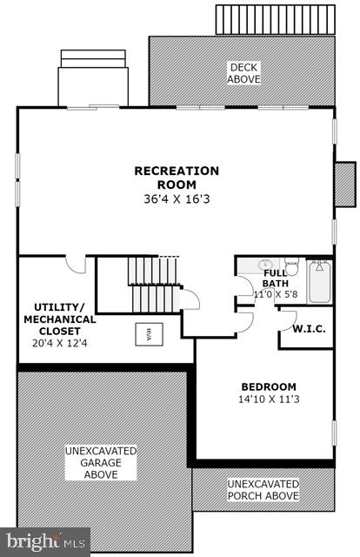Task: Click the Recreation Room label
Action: click(177, 178)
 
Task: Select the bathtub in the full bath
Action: click(319, 281)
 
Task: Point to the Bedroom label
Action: click(268, 386)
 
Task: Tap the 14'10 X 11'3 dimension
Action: click(268, 400)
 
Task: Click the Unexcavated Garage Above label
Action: click(101, 462)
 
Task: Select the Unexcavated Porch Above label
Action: click(263, 489)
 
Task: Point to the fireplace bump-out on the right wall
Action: click(345, 184)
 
